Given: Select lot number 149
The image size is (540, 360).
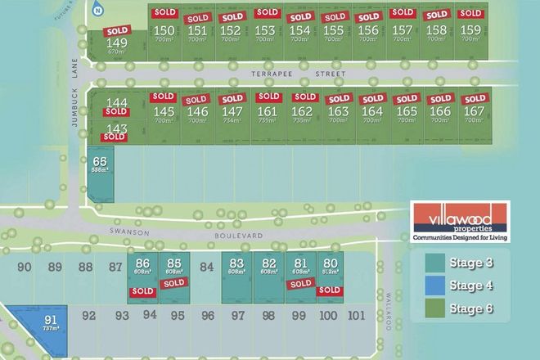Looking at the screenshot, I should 117,43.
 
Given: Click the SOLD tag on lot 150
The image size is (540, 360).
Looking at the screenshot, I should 164,13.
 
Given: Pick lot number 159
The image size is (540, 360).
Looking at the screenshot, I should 470,30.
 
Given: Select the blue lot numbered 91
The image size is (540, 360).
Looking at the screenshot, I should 51,318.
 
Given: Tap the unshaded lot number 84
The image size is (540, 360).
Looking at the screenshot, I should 206,266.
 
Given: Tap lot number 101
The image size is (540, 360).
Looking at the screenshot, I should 354,315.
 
